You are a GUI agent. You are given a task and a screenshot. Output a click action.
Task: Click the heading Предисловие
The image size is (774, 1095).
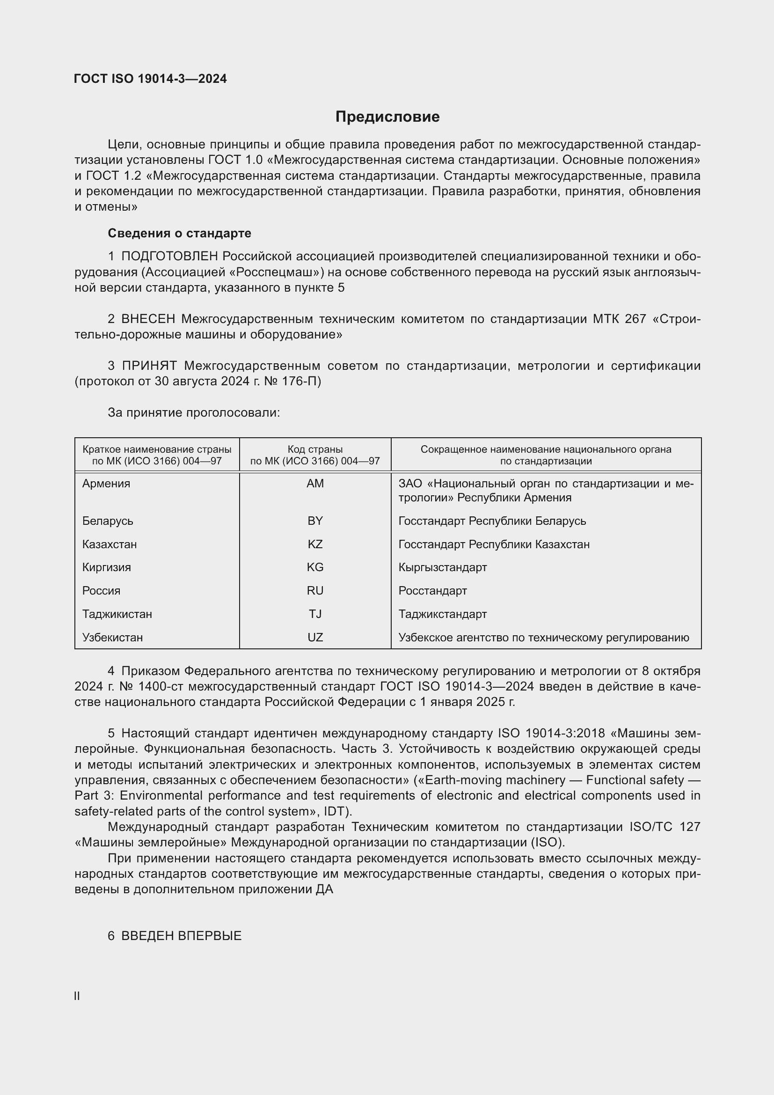tap(387, 117)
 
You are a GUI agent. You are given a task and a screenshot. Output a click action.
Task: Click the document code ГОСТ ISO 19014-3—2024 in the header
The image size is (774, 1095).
tap(151, 79)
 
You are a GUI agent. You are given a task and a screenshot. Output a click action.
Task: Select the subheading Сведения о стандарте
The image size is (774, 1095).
tap(179, 233)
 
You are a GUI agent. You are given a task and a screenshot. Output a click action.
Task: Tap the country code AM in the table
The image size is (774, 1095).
tap(315, 484)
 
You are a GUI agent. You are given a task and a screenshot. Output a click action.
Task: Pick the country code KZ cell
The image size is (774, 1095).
tap(315, 544)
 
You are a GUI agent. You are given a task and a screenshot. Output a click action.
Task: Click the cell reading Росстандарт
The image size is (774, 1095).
tap(432, 591)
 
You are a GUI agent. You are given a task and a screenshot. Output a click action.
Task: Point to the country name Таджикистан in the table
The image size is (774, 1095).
tap(117, 614)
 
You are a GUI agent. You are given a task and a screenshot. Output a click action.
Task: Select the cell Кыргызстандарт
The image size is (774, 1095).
tap(442, 567)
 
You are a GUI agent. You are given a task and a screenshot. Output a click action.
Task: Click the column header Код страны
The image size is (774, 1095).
tap(315, 449)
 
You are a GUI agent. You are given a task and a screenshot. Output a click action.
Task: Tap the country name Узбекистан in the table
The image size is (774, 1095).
tap(112, 638)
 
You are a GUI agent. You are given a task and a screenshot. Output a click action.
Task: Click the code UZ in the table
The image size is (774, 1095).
tap(315, 638)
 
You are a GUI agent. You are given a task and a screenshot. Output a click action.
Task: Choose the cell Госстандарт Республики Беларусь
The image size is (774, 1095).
tap(492, 521)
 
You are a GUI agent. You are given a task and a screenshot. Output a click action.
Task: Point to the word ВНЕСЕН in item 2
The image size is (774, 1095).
tap(148, 319)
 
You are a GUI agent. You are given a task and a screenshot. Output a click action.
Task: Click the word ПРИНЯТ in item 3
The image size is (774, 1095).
tap(149, 366)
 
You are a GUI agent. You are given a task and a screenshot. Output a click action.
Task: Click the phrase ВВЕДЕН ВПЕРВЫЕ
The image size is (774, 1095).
tap(181, 936)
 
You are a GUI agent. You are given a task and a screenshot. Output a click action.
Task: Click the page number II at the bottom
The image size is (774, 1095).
tap(77, 996)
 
